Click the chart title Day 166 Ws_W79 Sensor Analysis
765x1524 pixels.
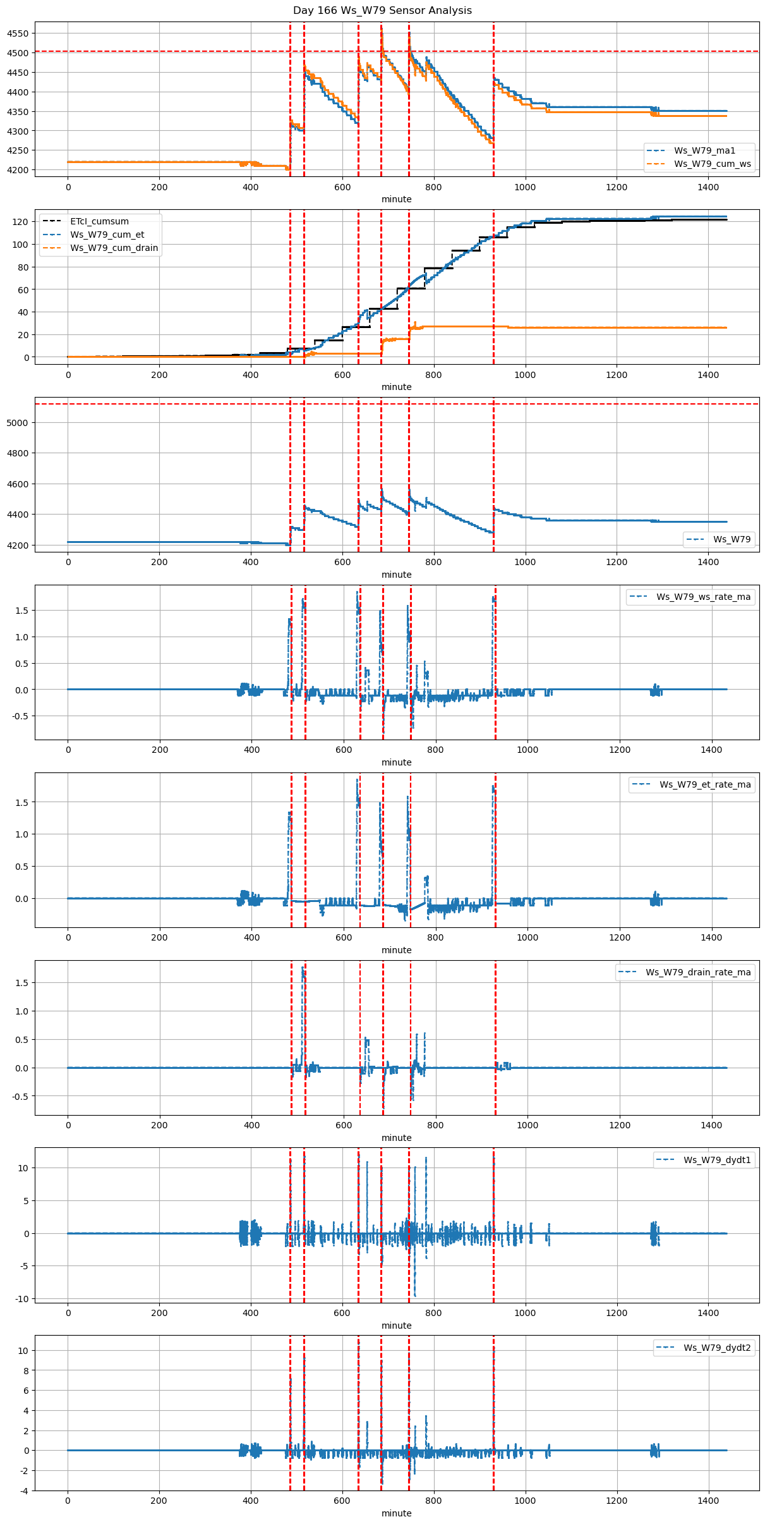coord(382,11)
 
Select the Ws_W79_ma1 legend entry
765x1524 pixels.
coord(704,150)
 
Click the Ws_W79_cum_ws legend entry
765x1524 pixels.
coord(712,164)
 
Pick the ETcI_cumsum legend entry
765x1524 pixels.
coord(99,221)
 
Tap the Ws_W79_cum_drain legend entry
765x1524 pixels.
coord(114,248)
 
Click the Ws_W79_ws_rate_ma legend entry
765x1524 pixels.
coord(703,597)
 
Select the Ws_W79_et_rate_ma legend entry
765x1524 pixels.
coord(705,784)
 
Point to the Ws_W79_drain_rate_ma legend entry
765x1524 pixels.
coord(698,972)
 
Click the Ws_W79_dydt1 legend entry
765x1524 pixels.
coord(717,1160)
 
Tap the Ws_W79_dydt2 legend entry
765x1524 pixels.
coord(717,1348)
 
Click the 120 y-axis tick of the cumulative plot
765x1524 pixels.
coord(21,222)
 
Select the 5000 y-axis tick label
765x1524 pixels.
coord(18,423)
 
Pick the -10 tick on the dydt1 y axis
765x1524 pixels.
coord(22,1299)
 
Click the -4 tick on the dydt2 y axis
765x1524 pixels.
coord(24,1491)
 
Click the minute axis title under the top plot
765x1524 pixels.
coord(396,199)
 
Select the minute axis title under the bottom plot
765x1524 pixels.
coord(396,1513)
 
